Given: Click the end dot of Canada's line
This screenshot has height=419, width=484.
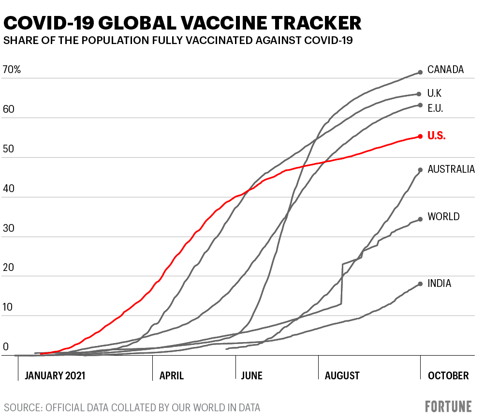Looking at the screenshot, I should click(x=420, y=73).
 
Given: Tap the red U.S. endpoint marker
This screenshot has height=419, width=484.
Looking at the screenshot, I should click(x=420, y=136).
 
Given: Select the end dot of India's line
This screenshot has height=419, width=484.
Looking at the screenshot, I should click(x=420, y=284).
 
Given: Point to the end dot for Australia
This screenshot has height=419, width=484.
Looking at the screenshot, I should click(x=420, y=170).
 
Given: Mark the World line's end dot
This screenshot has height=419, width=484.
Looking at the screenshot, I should click(x=420, y=219).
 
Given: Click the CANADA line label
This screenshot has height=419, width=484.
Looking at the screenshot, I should click(x=445, y=70).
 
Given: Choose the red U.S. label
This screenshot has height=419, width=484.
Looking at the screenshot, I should click(x=436, y=136).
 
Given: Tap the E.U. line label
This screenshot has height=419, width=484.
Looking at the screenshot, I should click(x=435, y=108).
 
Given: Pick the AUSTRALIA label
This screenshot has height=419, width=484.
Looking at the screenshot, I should click(x=451, y=169).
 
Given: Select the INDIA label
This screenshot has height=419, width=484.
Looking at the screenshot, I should click(x=439, y=284).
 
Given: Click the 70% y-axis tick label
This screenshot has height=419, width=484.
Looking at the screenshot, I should click(x=12, y=70).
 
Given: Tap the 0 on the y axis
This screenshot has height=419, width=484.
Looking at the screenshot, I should click(x=6, y=347).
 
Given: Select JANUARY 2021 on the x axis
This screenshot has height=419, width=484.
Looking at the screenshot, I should click(x=55, y=376).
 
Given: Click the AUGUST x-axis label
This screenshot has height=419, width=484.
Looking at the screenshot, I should click(x=342, y=376).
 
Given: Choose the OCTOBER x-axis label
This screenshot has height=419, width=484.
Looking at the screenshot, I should click(x=448, y=376).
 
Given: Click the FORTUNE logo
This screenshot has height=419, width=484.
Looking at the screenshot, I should click(x=448, y=406).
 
